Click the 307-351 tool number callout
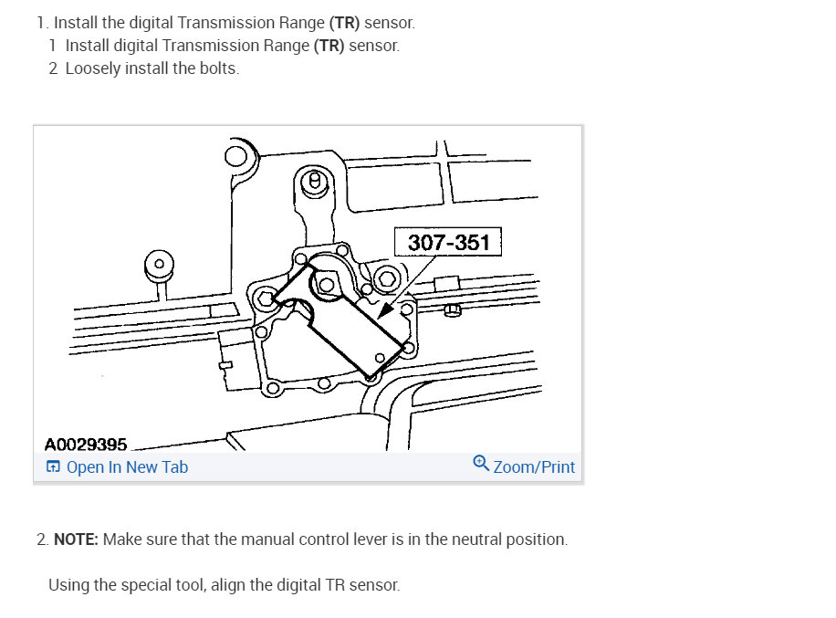448,243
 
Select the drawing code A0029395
85,445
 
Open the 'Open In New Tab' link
127,467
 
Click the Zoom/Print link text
534,467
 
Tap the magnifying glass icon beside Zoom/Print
481,464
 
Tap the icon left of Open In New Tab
53,467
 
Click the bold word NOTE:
76,539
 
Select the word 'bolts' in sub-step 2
217,68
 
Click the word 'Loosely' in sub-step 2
95,68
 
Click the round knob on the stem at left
159,264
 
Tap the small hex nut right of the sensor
453,311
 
